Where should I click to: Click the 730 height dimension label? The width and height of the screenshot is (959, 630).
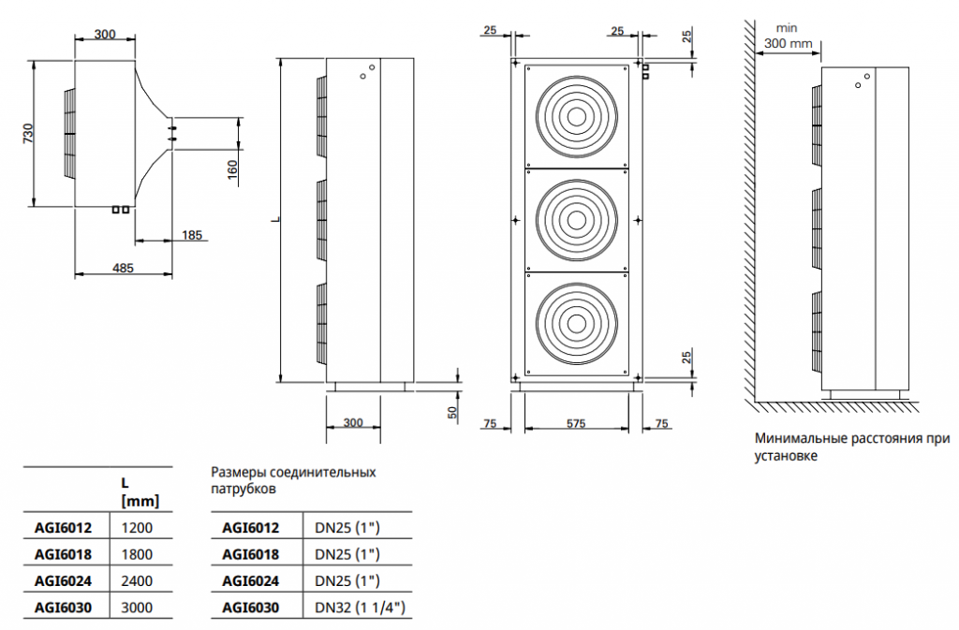28,134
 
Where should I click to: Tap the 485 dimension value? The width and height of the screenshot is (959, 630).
123,268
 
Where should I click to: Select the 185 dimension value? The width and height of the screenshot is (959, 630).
191,235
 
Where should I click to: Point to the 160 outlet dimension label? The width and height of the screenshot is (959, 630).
232,170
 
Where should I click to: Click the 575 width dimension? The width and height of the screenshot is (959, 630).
576,423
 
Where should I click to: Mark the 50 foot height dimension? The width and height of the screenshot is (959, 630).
452,413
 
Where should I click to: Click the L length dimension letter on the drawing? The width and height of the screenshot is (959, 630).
276,220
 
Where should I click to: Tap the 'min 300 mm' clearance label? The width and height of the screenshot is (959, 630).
789,37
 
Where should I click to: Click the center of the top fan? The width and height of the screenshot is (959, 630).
576,116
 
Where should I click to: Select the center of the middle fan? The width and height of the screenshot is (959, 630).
576,220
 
